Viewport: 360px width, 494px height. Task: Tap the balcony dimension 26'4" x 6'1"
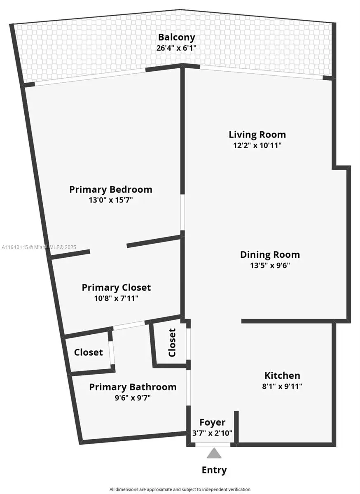[x=176, y=48]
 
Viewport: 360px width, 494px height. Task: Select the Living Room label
[x=257, y=135]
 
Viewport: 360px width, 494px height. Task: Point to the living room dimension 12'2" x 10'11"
[x=257, y=145]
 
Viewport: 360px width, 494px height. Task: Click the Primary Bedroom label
[x=110, y=190]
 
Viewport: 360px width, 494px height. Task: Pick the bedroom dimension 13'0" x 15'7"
[x=110, y=200]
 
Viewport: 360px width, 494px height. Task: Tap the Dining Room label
[x=270, y=255]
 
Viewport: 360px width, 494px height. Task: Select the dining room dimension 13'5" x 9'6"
[x=270, y=266]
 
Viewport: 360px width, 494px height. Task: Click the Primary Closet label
[x=116, y=287]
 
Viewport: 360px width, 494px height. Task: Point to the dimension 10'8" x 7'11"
[x=116, y=298]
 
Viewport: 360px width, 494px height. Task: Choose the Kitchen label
[x=282, y=375]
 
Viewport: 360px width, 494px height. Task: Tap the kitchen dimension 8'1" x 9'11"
[x=282, y=386]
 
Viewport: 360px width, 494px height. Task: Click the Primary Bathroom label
[x=133, y=387]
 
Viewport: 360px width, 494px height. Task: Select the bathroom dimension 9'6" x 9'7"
[x=133, y=398]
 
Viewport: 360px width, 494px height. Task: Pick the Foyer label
[x=212, y=422]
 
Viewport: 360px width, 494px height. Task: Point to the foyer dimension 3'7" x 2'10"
[x=212, y=433]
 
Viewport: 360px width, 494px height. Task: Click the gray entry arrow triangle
[x=214, y=453]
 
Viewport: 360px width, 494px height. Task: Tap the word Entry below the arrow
[x=214, y=470]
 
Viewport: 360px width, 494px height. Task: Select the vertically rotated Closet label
[x=172, y=343]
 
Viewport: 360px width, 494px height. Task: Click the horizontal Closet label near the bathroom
[x=89, y=352]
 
